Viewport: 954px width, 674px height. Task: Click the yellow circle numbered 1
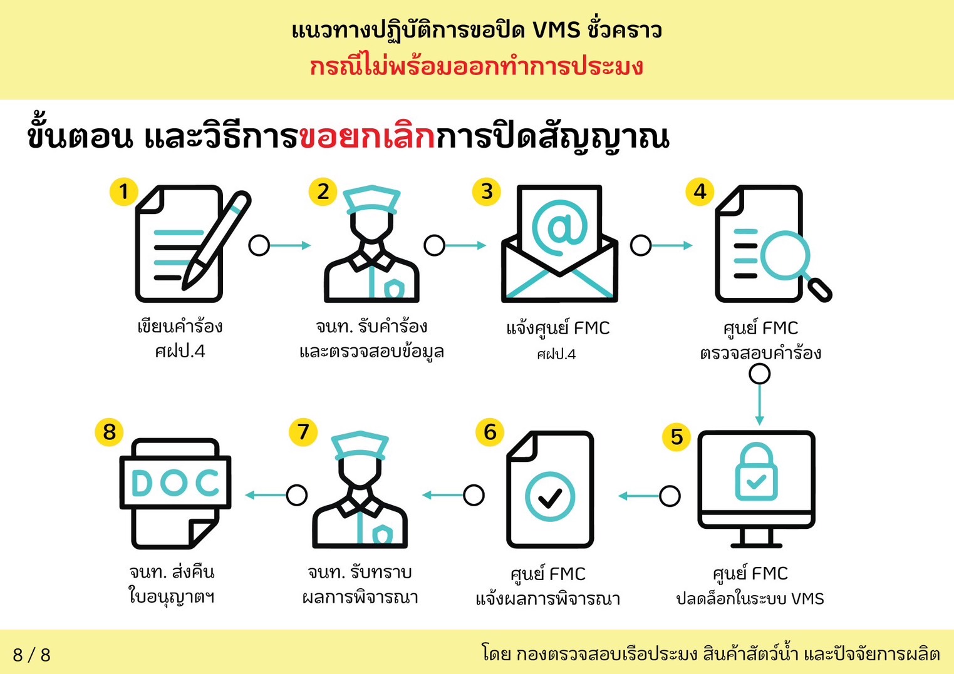[x=124, y=191]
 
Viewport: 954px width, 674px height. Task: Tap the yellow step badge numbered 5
[x=677, y=437]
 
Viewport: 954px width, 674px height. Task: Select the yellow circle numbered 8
[x=110, y=432]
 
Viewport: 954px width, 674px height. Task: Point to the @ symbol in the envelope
[x=559, y=228]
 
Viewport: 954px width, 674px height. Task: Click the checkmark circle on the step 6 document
[x=550, y=496]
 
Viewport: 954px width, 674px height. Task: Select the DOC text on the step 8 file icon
[x=175, y=483]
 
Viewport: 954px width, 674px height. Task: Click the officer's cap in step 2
[x=372, y=200]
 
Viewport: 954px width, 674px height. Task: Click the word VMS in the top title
[x=556, y=31]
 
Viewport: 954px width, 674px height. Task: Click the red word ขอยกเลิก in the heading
[x=367, y=138]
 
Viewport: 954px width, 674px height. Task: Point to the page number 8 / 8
[x=31, y=655]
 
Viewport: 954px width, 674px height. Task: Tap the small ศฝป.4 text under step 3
[x=556, y=354]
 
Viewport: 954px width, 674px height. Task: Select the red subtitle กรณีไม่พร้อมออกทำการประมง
[x=476, y=67]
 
